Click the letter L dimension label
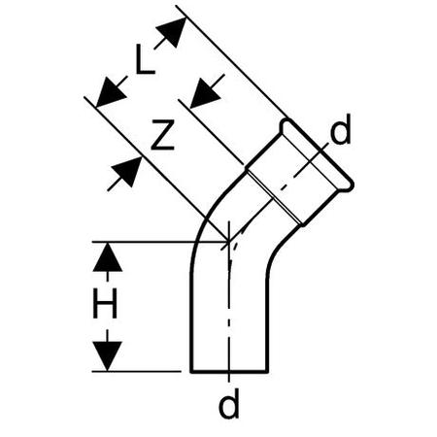pyautogui.click(x=145, y=59)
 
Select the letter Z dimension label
pyautogui.click(x=163, y=135)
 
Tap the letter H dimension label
pyautogui.click(x=105, y=304)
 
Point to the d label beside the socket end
pyautogui.click(x=341, y=129)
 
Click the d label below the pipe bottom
pyautogui.click(x=229, y=403)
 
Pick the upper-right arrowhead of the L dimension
pyautogui.click(x=173, y=30)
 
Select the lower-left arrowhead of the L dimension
pyautogui.click(x=110, y=93)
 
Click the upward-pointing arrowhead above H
pyautogui.click(x=108, y=257)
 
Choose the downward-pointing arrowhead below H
pyautogui.click(x=108, y=356)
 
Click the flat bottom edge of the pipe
pyautogui.click(x=229, y=372)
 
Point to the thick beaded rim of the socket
pyautogui.click(x=318, y=152)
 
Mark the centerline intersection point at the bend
pyautogui.click(x=229, y=242)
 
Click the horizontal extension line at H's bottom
pyautogui.click(x=136, y=372)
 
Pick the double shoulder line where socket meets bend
pyautogui.click(x=275, y=197)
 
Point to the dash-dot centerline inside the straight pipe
pyautogui.click(x=229, y=311)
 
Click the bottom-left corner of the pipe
pyautogui.click(x=191, y=372)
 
